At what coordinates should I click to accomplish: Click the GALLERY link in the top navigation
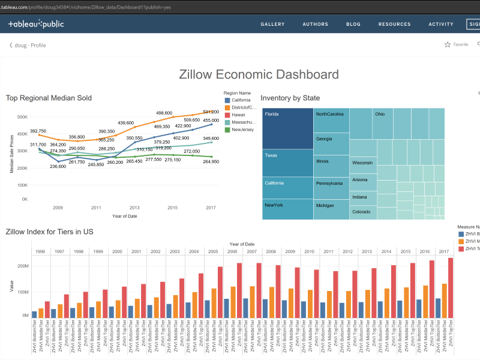tap(272, 25)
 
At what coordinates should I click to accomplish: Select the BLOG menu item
tap(353, 25)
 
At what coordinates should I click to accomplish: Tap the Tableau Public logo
tap(36, 25)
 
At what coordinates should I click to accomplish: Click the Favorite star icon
tap(448, 44)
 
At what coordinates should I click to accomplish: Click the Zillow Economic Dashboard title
tap(259, 74)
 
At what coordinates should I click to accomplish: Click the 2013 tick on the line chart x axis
tap(134, 208)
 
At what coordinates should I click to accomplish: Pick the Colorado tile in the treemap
tap(361, 212)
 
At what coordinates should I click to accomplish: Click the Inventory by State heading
tap(290, 98)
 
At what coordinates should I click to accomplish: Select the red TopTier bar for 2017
tap(451, 288)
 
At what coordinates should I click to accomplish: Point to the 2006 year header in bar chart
tap(232, 251)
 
